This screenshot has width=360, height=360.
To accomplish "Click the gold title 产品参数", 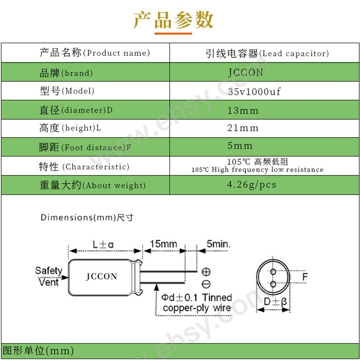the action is point(173,20).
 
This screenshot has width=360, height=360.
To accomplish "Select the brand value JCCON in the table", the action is point(246,72).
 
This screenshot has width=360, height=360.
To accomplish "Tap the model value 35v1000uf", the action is point(254,92).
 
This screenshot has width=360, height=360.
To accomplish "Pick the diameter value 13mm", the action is point(243,111).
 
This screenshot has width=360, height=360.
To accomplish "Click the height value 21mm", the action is point(243,128).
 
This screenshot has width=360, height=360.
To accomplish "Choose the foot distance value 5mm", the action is point(240,145).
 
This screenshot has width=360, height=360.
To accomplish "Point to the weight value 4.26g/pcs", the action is point(252,185).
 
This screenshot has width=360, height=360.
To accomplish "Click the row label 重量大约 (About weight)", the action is point(93,185).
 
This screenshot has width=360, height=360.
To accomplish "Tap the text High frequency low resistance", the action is point(267,170).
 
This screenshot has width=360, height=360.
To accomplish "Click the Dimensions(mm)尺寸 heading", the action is point(87,217).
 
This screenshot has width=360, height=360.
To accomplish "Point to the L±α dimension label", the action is point(103,244).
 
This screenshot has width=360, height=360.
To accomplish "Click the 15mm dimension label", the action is point(164,244).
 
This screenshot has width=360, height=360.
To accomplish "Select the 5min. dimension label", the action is point(218,244).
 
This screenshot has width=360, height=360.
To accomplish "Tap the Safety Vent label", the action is point(49,276).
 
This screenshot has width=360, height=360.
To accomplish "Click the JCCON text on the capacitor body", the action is point(102,277).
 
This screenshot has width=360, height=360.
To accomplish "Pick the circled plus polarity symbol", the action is point(206,272).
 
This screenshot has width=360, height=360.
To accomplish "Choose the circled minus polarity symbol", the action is point(206,284).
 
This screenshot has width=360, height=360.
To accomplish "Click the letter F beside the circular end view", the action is point(305,277).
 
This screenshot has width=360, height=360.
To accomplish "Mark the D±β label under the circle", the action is point(275,302).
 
